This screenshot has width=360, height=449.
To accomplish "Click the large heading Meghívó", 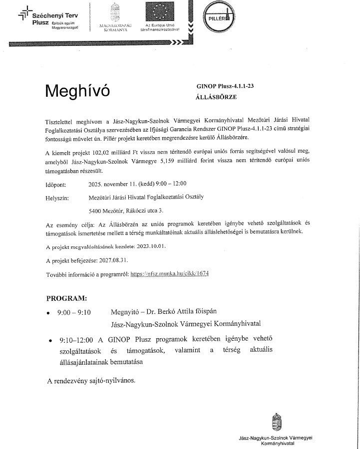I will tap(76, 91).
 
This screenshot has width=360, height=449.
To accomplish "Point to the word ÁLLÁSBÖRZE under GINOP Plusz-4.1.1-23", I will tap(217, 97).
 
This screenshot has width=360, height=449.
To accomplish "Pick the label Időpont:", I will tap(56, 184).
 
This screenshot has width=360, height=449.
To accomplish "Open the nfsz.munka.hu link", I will tap(170, 274).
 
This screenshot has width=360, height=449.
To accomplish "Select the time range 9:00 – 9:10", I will tap(74, 313).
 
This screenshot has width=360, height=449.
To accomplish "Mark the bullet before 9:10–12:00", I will tap(50, 342).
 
